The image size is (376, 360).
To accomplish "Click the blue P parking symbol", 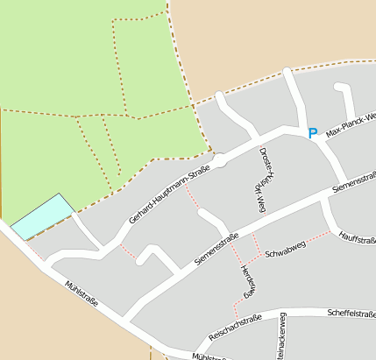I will [x=312, y=133].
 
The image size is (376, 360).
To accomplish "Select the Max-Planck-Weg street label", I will [x=351, y=124].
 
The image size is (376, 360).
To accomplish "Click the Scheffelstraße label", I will [x=351, y=313].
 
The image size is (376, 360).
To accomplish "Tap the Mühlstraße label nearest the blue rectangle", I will [x=82, y=296].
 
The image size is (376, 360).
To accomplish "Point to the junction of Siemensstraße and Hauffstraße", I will [x=323, y=200].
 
